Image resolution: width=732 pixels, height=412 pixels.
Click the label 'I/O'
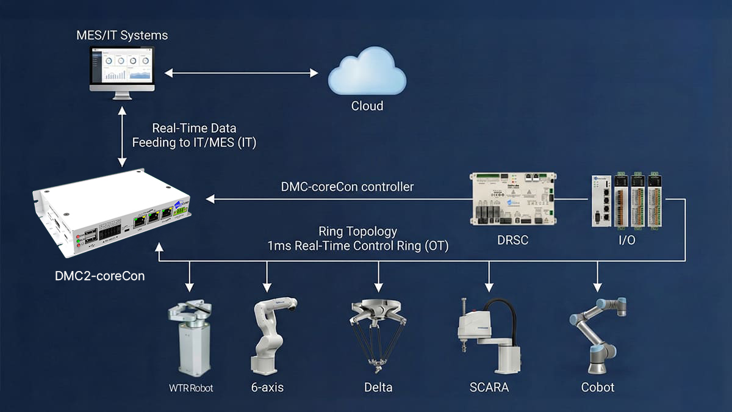click(x=626, y=240)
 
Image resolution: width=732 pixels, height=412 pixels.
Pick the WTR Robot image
click(x=191, y=339)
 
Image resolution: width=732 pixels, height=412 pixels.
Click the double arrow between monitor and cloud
click(x=242, y=73)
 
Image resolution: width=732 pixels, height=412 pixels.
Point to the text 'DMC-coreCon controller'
click(x=347, y=187)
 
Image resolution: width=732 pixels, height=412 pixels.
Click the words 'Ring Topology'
click(x=357, y=232)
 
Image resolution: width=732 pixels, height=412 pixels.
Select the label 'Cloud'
click(x=367, y=106)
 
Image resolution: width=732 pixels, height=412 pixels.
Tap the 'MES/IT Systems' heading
click(x=122, y=35)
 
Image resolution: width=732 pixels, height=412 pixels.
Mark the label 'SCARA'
click(x=489, y=388)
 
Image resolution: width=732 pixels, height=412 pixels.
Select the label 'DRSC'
click(x=512, y=240)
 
